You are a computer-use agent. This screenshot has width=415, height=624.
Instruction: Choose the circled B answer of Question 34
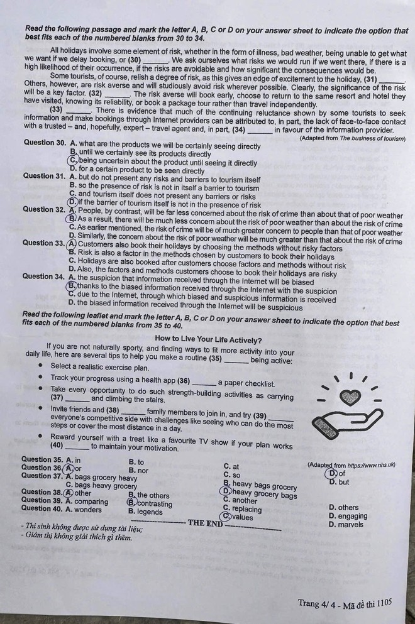point(72,285)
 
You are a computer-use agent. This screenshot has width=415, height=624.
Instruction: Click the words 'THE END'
point(204,522)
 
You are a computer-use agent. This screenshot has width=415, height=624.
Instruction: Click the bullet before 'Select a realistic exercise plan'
point(41,365)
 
